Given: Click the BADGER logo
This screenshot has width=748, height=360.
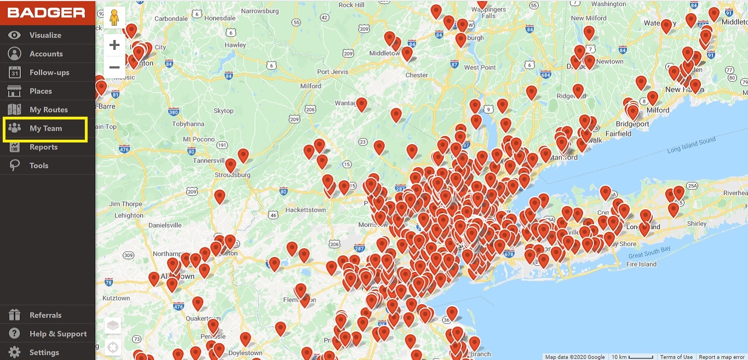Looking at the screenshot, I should [x=46, y=13].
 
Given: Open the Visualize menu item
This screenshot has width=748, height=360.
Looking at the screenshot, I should [x=45, y=35].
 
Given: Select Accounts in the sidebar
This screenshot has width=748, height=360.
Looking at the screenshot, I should [x=46, y=54].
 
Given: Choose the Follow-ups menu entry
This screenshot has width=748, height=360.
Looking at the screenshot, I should [x=49, y=72].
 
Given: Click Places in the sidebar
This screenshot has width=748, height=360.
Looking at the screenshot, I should [x=41, y=91].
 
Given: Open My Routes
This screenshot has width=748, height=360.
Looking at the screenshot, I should [x=48, y=110].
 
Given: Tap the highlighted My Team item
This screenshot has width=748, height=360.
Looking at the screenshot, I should [x=45, y=128].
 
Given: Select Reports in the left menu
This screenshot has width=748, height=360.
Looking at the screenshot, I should [x=43, y=147].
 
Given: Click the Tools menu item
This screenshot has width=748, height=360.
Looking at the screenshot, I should [x=39, y=165].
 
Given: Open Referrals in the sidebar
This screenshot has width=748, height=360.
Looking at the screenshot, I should [x=45, y=315].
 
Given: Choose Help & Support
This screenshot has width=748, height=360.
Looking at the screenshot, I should [x=58, y=334].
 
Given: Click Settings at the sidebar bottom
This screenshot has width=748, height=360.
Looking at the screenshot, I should [x=44, y=352].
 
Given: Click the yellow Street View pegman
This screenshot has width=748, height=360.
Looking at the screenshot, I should [x=114, y=18].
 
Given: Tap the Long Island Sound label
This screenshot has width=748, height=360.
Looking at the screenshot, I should [x=691, y=146].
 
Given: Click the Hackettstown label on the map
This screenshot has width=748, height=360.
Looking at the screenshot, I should [x=306, y=210].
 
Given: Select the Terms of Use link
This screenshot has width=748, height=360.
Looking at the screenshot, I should [x=676, y=357].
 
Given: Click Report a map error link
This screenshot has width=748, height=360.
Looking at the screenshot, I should [x=722, y=357].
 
